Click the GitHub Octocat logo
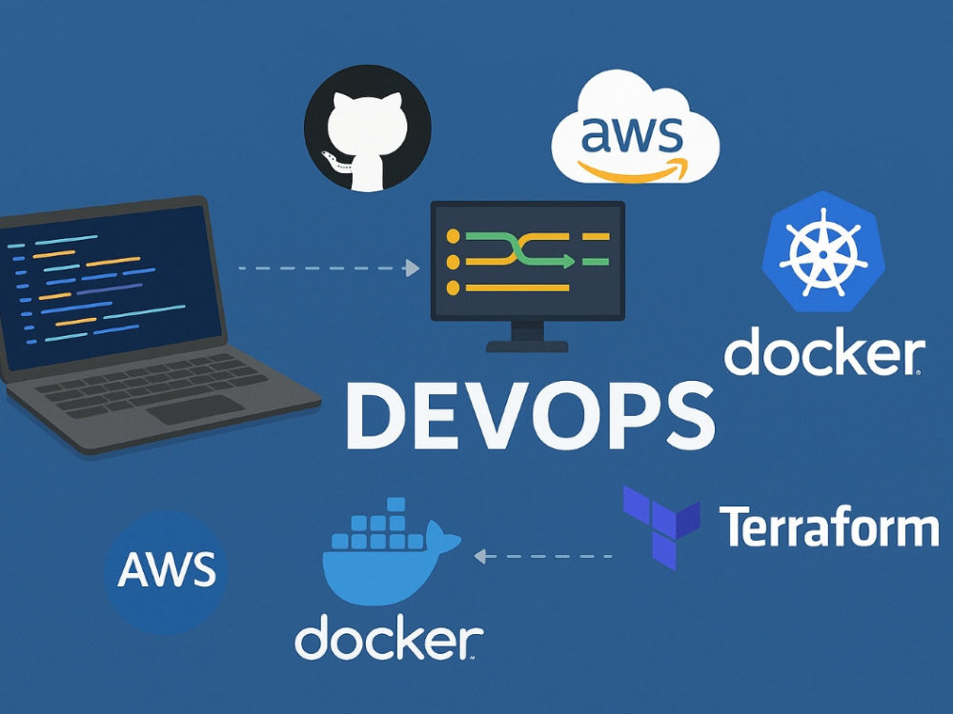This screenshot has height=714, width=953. pos(368,129)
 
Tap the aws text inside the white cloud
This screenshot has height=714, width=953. pos(632,135)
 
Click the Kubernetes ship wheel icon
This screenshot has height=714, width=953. pos(823,251)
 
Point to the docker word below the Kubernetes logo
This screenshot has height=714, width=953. pos(824,351)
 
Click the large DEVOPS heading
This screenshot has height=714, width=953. pos(531,416)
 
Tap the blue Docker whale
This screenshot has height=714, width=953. pos(390,552)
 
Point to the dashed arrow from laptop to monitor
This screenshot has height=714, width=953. pos(329,268)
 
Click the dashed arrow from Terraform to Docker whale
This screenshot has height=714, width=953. pos(543,556)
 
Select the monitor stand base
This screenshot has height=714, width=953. pos(527,347)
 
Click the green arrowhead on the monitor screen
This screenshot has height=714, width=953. pos(568,262)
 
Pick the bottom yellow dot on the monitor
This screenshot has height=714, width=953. pos(453,288)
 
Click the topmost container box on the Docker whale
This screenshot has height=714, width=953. pos(396,505)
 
